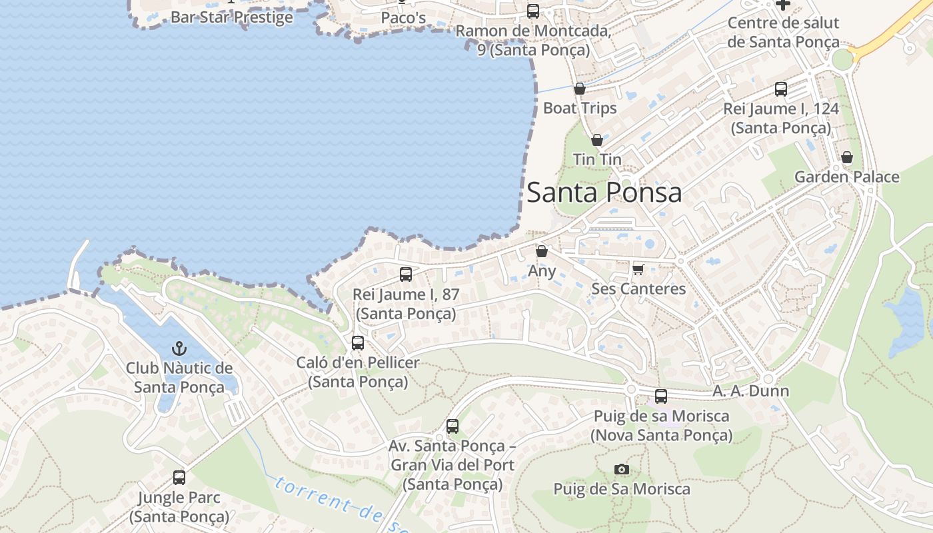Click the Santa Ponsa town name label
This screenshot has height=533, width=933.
point(604,193)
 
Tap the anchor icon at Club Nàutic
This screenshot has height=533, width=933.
point(179,348)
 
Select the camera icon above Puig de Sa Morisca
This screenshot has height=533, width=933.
point(622,470)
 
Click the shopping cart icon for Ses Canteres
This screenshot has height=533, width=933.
point(638,269)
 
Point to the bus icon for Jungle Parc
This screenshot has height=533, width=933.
point(179,477)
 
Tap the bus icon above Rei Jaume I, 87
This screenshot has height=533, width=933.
point(405,274)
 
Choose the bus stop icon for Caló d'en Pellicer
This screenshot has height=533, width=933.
point(358,343)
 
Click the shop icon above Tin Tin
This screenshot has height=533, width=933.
point(597,140)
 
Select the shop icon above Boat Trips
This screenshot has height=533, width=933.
point(580,89)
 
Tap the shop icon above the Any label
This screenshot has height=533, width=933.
point(542,251)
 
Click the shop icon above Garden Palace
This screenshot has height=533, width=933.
point(846,157)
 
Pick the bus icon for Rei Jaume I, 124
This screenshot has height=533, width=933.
point(781,89)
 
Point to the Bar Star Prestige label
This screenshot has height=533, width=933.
point(231,17)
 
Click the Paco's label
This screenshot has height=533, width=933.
point(403,18)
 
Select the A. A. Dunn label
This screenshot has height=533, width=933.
point(750,391)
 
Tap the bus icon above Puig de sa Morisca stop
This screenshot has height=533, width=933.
point(661,396)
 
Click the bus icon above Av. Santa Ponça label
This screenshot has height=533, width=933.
point(453,426)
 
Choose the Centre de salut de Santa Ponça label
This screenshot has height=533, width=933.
point(783,32)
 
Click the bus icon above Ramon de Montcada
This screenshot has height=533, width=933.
point(533,11)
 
